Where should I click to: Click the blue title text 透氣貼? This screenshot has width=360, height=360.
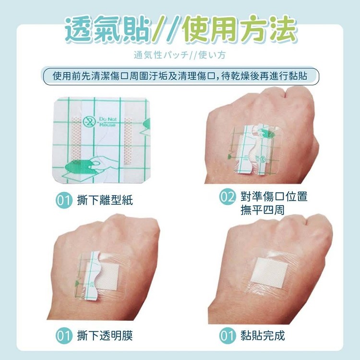click(x=108, y=30)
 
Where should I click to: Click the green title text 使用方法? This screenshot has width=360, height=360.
click(x=240, y=30)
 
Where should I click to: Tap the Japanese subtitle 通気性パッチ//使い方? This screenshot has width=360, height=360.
click(x=180, y=55)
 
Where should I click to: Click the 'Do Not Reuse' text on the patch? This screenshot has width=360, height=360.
click(x=108, y=121)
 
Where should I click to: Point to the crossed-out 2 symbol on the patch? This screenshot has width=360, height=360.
click(x=89, y=122)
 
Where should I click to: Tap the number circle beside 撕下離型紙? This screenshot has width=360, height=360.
click(x=64, y=200)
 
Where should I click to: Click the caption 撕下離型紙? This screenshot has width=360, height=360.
click(x=105, y=200)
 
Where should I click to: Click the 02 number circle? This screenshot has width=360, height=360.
click(x=228, y=196)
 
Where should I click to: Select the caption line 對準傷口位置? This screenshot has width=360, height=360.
click(x=274, y=196)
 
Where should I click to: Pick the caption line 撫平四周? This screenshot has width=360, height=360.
click(x=263, y=210)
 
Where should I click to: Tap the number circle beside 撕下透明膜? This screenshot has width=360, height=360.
click(x=64, y=336)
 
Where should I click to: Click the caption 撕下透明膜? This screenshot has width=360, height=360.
click(x=105, y=336)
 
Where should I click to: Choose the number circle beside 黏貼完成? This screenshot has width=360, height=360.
click(x=228, y=336)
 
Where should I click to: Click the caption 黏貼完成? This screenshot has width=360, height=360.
click(x=263, y=336)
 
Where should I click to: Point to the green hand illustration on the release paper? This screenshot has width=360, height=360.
click(x=84, y=166)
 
